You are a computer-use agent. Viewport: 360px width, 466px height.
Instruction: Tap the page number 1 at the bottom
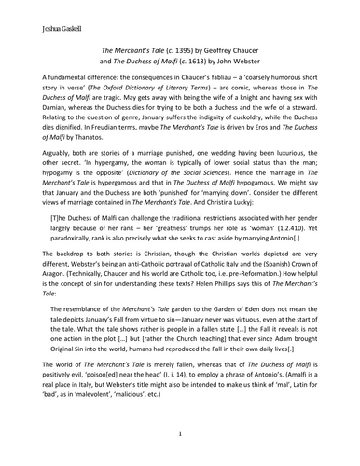(180, 433)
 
